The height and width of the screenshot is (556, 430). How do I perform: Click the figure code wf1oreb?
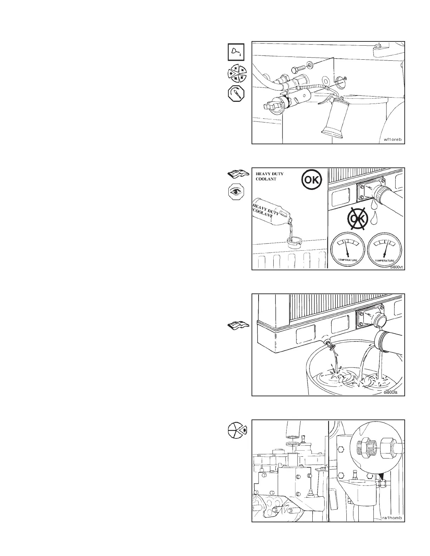click(392, 139)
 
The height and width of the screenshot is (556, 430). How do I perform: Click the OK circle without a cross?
click(312, 180)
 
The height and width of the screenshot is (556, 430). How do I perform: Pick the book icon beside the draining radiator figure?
click(237, 326)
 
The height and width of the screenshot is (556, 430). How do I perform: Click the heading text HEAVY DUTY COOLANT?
click(269, 176)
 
